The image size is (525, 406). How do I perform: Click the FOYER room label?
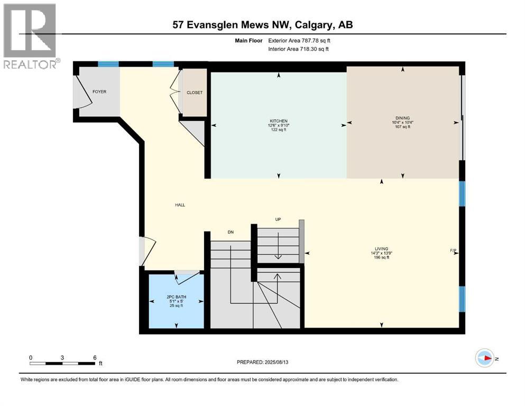pyautogui.click(x=99, y=92)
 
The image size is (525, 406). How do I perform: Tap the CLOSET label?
pyautogui.click(x=195, y=93)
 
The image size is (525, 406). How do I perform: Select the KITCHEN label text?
pyautogui.click(x=279, y=121)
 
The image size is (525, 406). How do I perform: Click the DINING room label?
pyautogui.click(x=403, y=118)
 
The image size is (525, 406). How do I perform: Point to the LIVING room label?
pyautogui.click(x=381, y=248)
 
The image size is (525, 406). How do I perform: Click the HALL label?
pyautogui.click(x=180, y=205)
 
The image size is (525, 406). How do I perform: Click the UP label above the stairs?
pyautogui.click(x=278, y=219)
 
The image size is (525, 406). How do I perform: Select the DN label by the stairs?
pyautogui.click(x=231, y=233)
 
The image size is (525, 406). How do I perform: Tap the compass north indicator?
pyautogui.click(x=485, y=359)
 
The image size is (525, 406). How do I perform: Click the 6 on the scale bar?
pyautogui.click(x=94, y=357)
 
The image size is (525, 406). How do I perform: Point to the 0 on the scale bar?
pyautogui.click(x=31, y=357)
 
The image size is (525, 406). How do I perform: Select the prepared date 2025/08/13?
pyautogui.click(x=262, y=362)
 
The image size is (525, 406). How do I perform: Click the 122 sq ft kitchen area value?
pyautogui.click(x=279, y=130)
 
